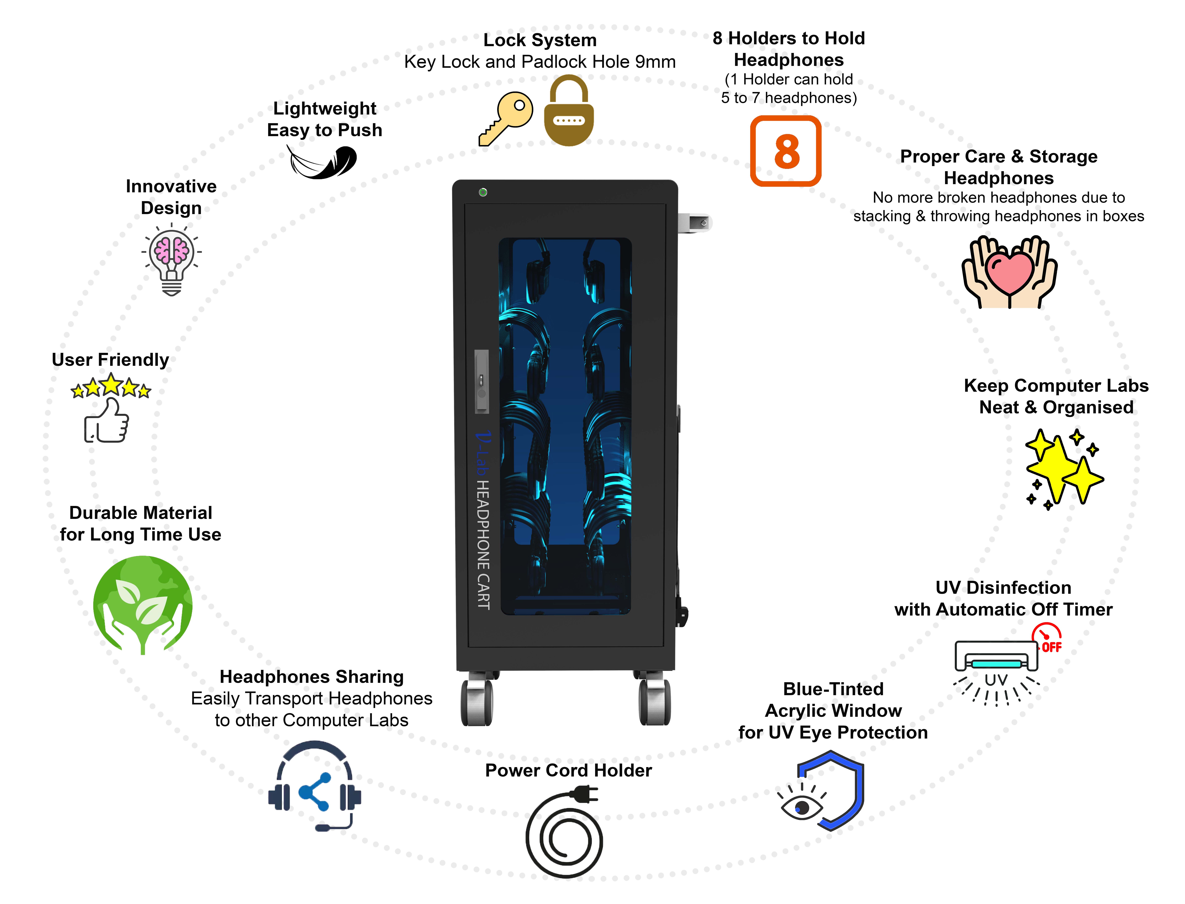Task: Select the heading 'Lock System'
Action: tap(540, 40)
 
